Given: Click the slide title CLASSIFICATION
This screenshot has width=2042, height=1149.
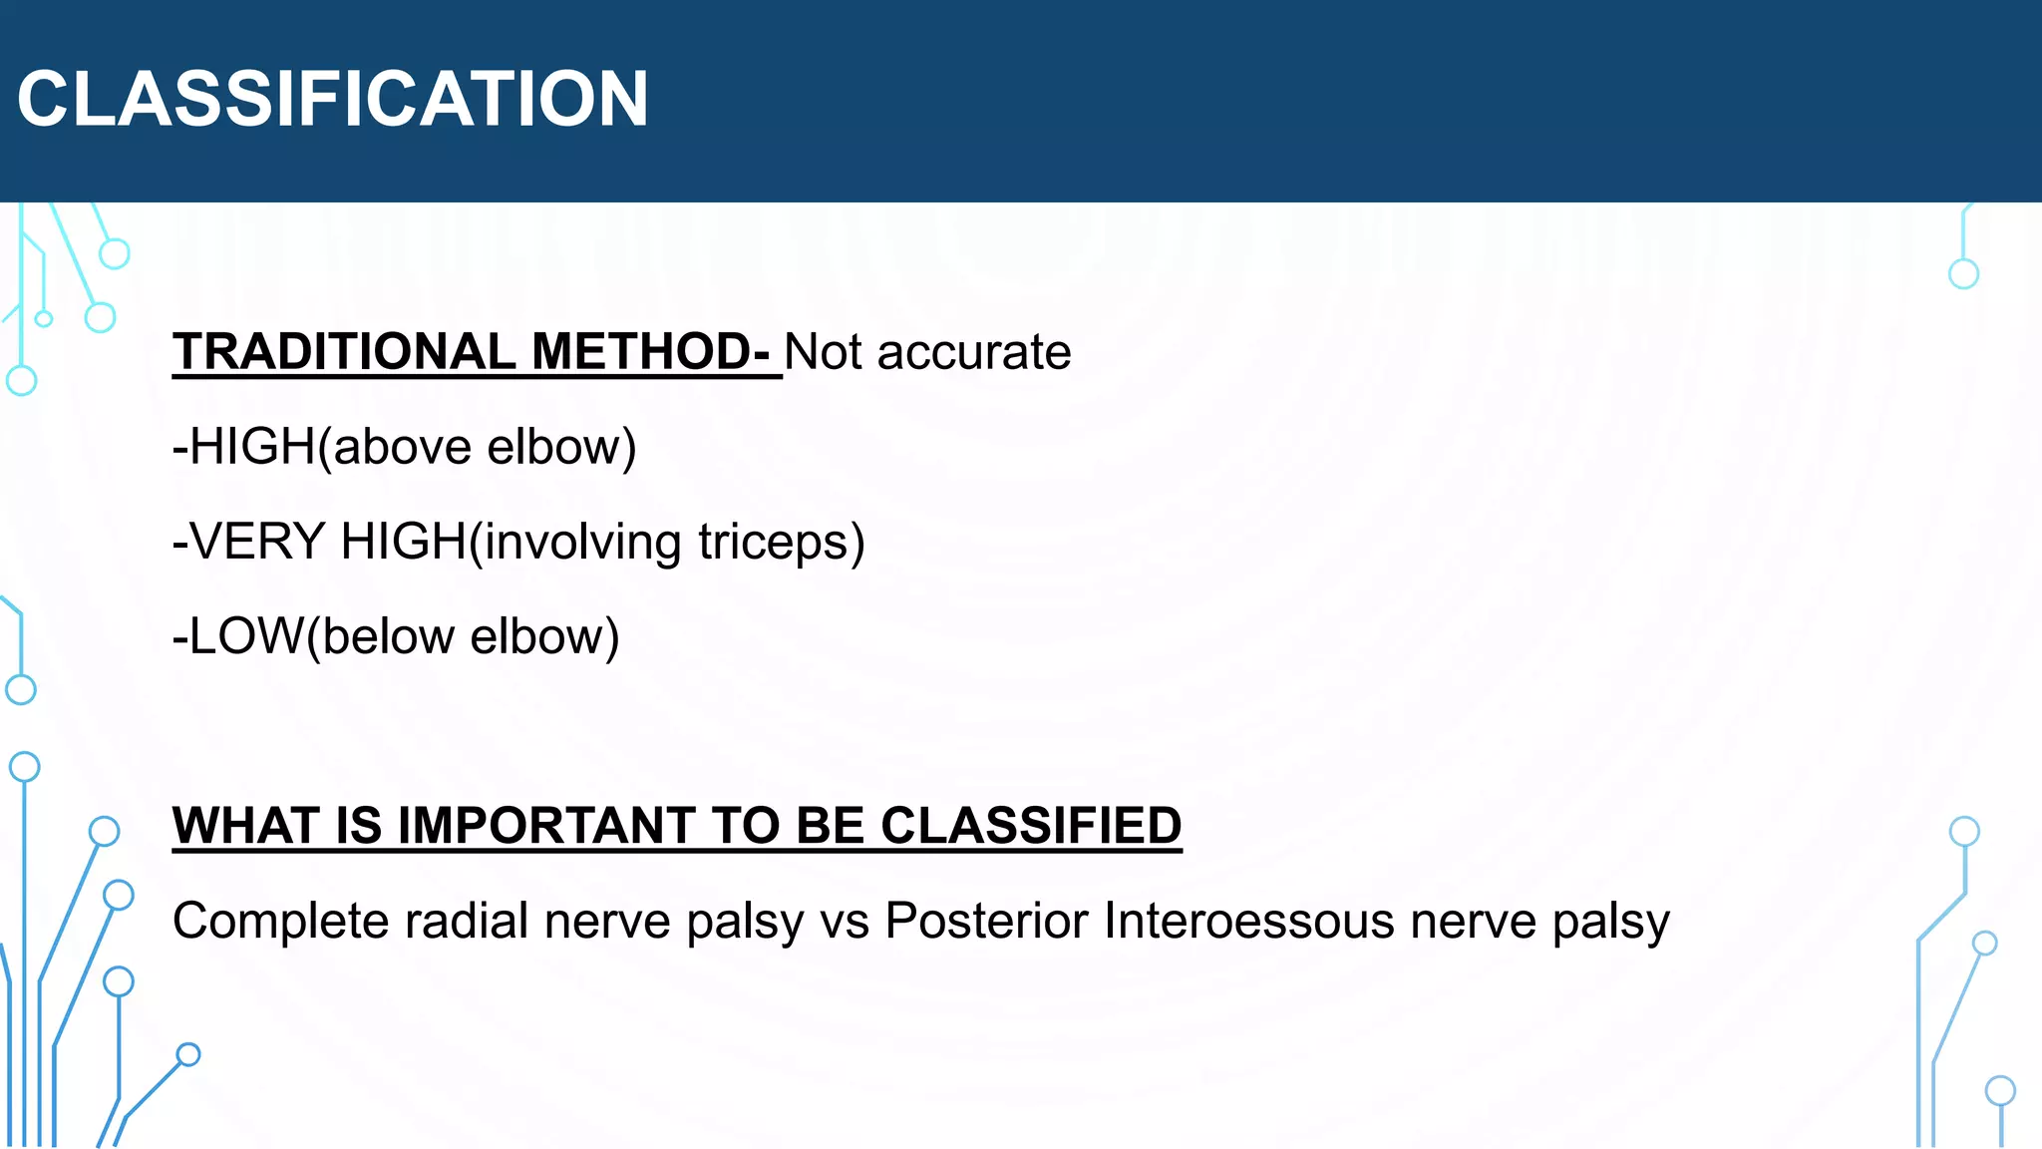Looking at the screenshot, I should tap(333, 100).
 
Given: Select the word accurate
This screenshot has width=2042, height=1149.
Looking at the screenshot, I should tap(974, 352).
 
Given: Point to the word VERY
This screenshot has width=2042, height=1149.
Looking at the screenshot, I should tap(257, 542).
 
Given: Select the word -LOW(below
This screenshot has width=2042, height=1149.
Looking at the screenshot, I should tap(312, 637).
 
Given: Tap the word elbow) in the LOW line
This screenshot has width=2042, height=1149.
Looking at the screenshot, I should tap(544, 637).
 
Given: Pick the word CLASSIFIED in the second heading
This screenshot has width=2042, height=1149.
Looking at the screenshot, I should tap(1031, 826).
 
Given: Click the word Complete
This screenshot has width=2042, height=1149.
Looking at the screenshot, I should tap(281, 922).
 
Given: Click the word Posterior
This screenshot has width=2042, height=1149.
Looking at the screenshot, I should tap(987, 921).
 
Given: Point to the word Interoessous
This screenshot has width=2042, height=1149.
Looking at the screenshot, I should tap(1248, 921).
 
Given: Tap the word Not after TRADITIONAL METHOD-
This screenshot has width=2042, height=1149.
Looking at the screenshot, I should tap(823, 352).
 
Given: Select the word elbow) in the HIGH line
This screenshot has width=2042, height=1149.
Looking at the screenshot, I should tap(561, 447).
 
